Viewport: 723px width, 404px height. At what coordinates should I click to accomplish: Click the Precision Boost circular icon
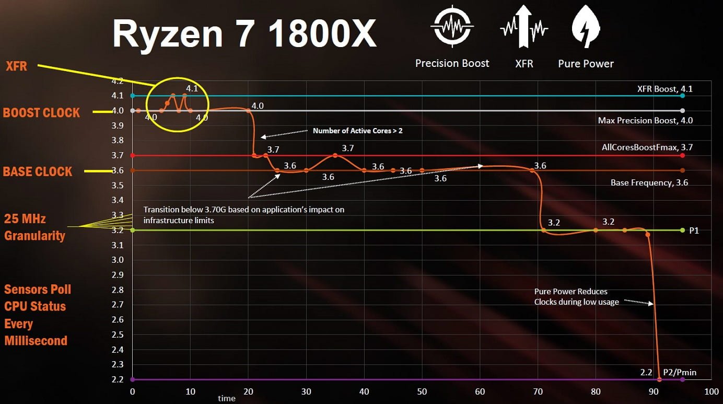point(452,26)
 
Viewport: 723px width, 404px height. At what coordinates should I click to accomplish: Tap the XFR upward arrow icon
point(524,27)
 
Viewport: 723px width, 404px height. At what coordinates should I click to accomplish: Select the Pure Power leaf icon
point(586,27)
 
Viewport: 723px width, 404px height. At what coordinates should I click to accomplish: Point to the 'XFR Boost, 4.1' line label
point(665,89)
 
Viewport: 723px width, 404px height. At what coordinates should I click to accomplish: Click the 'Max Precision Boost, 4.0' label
point(645,120)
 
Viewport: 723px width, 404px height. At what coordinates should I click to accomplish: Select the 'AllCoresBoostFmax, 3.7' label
point(647,147)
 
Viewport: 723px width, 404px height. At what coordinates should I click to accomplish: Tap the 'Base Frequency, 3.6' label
point(649,182)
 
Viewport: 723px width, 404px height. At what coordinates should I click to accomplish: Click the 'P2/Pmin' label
point(680,372)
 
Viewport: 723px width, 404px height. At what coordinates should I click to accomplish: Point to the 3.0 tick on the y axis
point(118,260)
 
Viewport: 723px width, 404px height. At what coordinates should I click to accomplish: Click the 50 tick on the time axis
point(422,392)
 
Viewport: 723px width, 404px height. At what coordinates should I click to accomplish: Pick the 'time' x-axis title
point(226,398)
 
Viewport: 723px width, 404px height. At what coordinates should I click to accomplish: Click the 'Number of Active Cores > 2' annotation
point(358,131)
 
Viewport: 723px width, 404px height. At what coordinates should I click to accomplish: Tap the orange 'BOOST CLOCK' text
point(41,113)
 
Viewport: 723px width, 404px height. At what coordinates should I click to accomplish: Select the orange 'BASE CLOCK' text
point(38,171)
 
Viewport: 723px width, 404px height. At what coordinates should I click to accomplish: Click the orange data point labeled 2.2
point(659,379)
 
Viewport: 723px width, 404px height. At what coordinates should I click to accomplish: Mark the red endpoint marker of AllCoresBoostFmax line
point(682,156)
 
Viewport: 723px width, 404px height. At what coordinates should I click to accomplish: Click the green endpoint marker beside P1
point(682,230)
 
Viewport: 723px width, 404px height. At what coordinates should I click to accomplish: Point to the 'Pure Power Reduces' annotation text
point(570,291)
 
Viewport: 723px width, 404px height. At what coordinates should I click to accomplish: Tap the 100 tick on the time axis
point(712,392)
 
